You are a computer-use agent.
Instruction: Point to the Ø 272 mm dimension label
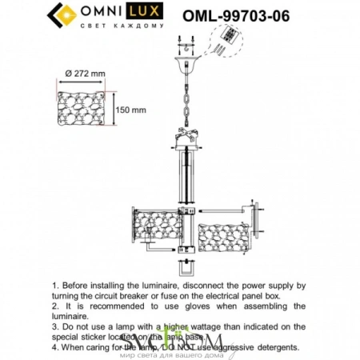(x=83, y=74)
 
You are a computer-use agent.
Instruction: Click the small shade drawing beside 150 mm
(x=84, y=110)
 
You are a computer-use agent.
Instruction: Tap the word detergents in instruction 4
(x=273, y=347)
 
